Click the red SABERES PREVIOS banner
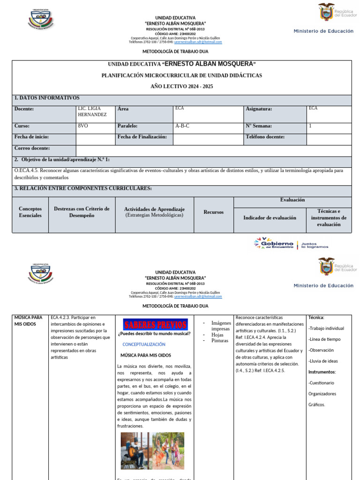pos(156,324)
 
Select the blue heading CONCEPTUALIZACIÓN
pos(144,344)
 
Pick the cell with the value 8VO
pos(83,126)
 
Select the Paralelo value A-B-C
pos(182,126)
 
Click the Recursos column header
pos(213,212)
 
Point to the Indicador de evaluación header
pos(270,217)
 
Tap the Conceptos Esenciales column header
pos(30,212)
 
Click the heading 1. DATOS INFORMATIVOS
pos(47,98)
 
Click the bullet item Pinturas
pos(220,341)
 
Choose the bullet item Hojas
pos(217,335)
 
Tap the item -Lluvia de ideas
pos(323,361)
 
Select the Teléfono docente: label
pos(265,137)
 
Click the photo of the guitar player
pos(136,450)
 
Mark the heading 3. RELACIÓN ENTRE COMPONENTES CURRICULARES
pos(83,188)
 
